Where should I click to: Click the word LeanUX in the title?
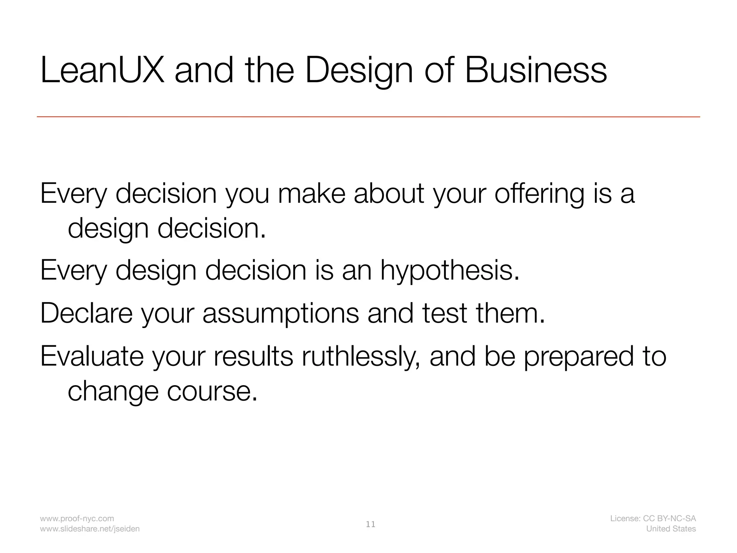click(103, 71)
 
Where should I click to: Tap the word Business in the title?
click(536, 71)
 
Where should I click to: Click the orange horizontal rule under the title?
click(368, 117)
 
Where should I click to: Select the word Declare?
click(86, 313)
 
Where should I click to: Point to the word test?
click(444, 313)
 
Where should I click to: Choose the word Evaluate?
click(92, 356)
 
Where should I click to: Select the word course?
click(212, 391)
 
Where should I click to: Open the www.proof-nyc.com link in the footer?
click(77, 518)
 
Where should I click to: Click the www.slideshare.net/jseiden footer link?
click(90, 529)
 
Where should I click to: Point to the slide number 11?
click(371, 525)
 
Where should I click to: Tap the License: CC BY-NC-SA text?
click(653, 518)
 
